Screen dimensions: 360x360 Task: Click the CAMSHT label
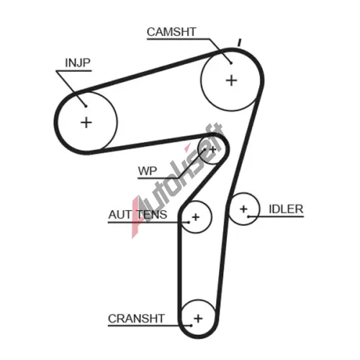pyautogui.click(x=171, y=32)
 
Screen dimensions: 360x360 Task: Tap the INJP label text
pyautogui.click(x=78, y=63)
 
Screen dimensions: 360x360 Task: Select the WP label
pyautogui.click(x=148, y=171)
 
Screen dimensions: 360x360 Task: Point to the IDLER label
pyautogui.click(x=286, y=209)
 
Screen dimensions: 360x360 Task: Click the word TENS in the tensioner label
pyautogui.click(x=152, y=215)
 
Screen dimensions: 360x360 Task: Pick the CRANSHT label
pyautogui.click(x=136, y=319)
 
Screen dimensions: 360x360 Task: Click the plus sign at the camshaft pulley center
pyautogui.click(x=232, y=81)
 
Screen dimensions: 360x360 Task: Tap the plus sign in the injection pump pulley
pyautogui.click(x=86, y=122)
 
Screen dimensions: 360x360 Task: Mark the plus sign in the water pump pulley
pyautogui.click(x=212, y=150)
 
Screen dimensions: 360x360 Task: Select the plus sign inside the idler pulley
pyautogui.click(x=243, y=209)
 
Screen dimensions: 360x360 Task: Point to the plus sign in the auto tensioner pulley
pyautogui.click(x=196, y=217)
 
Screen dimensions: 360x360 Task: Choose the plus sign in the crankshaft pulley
pyautogui.click(x=198, y=318)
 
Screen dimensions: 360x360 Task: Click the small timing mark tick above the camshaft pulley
pyautogui.click(x=239, y=42)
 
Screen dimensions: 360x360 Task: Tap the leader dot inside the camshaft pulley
pyautogui.click(x=231, y=63)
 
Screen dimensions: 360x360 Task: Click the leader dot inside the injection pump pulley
pyautogui.click(x=86, y=106)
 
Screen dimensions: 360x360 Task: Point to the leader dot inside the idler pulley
pyautogui.click(x=249, y=217)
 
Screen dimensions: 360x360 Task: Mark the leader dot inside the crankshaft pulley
pyautogui.click(x=191, y=325)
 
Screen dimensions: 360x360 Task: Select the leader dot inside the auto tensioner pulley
pyautogui.click(x=189, y=222)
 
